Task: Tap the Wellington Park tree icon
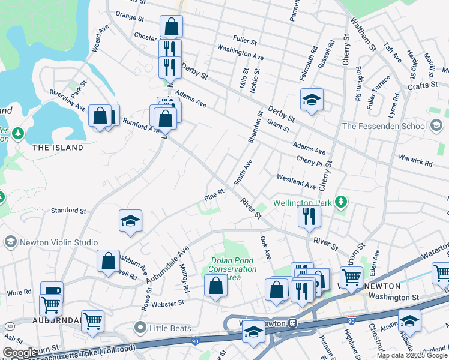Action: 341,202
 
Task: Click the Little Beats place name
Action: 171,328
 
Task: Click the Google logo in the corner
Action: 20,353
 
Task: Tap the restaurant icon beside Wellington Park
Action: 309,216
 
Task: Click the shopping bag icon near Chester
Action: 171,26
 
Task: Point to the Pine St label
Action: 214,193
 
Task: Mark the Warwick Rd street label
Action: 415,163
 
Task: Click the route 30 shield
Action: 10,325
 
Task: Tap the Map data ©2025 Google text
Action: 412,355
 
